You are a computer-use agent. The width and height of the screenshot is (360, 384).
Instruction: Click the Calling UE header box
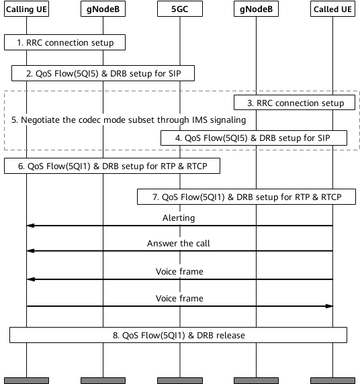pyautogui.click(x=26, y=9)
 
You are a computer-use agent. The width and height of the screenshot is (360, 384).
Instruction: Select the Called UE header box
pyautogui.click(x=333, y=9)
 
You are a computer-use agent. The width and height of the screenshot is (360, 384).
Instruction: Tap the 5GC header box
pyautogui.click(x=179, y=9)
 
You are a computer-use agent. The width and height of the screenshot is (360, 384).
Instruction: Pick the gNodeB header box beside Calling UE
pyautogui.click(x=103, y=9)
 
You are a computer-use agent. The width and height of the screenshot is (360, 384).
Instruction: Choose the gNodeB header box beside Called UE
pyautogui.click(x=256, y=9)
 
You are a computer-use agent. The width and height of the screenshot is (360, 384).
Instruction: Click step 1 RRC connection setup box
pyautogui.click(x=64, y=42)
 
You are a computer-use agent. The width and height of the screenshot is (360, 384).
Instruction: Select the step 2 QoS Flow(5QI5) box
pyautogui.click(x=103, y=73)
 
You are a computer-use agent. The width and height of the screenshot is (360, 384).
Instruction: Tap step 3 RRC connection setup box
pyautogui.click(x=294, y=103)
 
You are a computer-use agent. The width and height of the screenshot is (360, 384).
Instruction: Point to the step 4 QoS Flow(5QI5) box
pyautogui.click(x=253, y=137)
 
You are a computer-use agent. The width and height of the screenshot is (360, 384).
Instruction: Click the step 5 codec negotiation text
pyautogui.click(x=128, y=119)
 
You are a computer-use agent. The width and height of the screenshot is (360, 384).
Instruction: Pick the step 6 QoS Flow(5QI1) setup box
pyautogui.click(x=111, y=165)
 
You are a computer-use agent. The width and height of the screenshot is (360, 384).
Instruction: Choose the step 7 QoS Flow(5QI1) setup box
pyautogui.click(x=246, y=196)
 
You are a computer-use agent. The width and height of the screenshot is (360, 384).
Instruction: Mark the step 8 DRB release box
pyautogui.click(x=178, y=334)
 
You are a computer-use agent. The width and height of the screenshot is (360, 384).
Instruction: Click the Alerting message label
pyautogui.click(x=179, y=218)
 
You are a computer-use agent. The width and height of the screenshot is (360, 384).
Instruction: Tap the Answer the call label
pyautogui.click(x=179, y=244)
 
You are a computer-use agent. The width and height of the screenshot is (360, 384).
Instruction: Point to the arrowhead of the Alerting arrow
pyautogui.click(x=30, y=226)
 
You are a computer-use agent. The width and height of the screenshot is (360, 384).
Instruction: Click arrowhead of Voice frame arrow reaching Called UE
pyautogui.click(x=329, y=306)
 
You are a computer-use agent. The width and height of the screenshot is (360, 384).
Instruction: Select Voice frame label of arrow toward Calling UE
pyautogui.click(x=179, y=271)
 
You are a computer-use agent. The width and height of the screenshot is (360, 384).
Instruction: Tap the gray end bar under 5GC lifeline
pyautogui.click(x=179, y=380)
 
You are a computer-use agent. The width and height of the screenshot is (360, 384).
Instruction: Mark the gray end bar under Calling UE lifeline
pyautogui.click(x=26, y=380)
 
